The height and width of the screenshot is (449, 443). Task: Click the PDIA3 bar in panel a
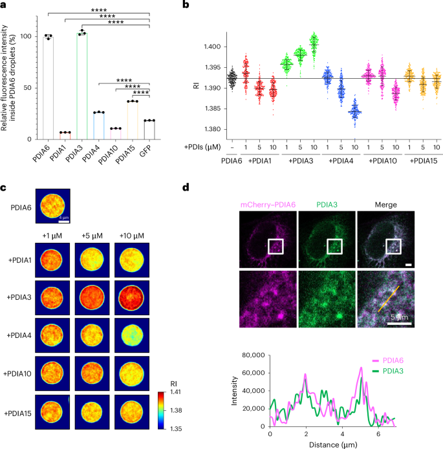pos(82,86)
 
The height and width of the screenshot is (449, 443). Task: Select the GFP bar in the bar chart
pos(149,130)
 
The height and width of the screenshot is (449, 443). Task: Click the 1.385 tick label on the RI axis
pos(211,109)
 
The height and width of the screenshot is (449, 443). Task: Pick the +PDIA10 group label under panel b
pos(382,161)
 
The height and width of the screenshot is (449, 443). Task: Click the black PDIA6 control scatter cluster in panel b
pos(232,78)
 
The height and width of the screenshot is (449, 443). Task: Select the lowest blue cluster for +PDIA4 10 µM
pos(354,112)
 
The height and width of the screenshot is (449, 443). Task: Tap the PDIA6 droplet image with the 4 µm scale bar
pos(53,206)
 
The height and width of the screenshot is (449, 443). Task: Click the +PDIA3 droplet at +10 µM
pos(132,298)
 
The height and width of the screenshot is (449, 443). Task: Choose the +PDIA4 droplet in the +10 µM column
pos(132,335)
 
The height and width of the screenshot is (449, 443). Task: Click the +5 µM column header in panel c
pos(92,236)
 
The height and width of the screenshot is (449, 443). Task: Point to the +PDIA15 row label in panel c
pos(17,413)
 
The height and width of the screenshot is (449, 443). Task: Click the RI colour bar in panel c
pos(162,410)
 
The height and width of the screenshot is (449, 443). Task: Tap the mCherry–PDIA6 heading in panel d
pos(268,205)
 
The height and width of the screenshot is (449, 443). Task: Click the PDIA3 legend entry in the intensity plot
pos(388,371)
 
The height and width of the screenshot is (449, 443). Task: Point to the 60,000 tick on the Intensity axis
pos(253,373)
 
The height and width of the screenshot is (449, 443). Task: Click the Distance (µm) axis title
pos(333,444)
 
